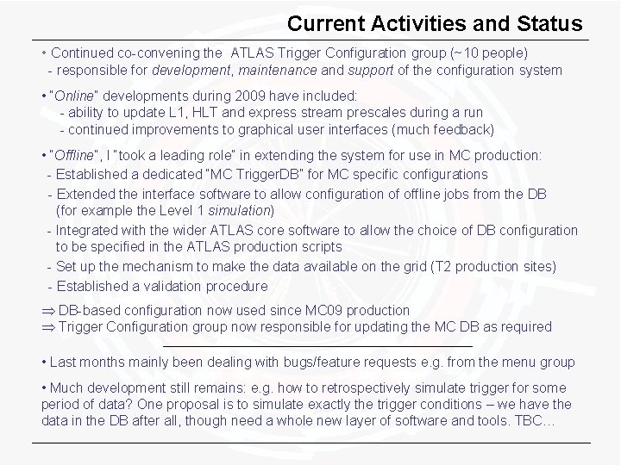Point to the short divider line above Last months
tap(317, 345)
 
